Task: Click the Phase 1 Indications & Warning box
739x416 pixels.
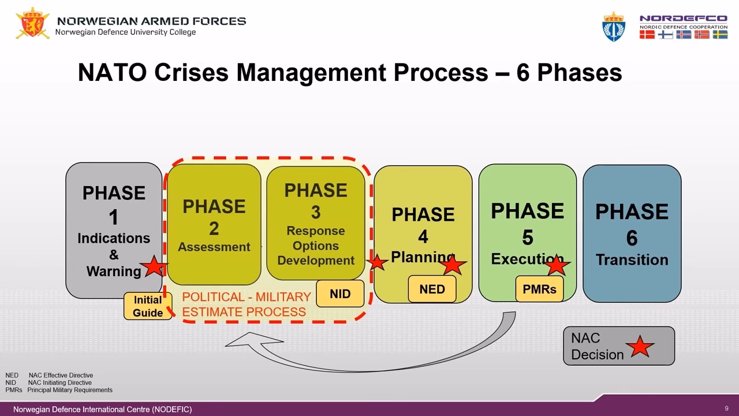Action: (x=114, y=220)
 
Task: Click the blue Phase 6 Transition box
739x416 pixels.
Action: (x=632, y=231)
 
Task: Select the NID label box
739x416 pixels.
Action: (x=340, y=294)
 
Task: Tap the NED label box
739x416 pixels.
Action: (x=432, y=289)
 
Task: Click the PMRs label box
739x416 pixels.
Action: (x=539, y=289)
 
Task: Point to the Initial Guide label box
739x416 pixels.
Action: (x=148, y=306)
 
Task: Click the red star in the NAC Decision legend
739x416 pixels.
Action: (x=640, y=347)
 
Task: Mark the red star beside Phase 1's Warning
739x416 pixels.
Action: (x=154, y=266)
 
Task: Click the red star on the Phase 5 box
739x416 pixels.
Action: (x=556, y=265)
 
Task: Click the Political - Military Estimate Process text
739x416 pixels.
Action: (x=247, y=304)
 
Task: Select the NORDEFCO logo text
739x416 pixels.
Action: (x=683, y=18)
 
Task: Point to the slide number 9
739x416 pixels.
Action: (x=726, y=408)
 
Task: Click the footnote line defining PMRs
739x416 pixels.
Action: (x=59, y=390)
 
